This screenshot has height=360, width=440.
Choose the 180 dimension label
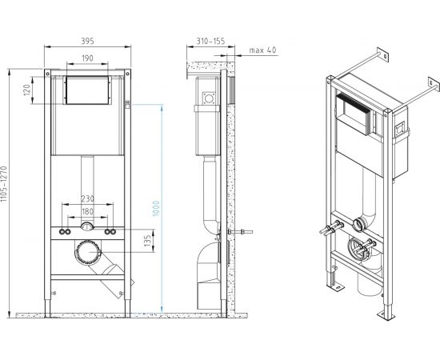[x=87, y=210]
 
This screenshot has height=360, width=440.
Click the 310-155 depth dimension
[x=209, y=41]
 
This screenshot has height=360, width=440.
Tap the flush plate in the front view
[x=86, y=92]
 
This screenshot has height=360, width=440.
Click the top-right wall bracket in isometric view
[x=385, y=58]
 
